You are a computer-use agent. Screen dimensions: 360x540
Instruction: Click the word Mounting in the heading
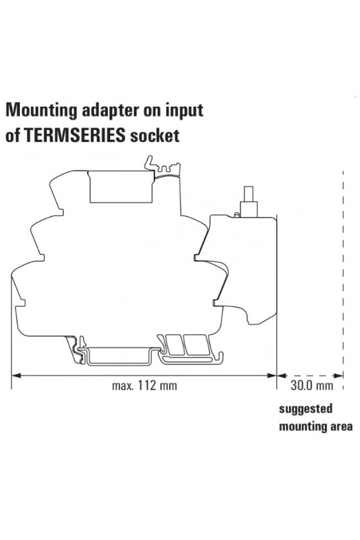click(41, 111)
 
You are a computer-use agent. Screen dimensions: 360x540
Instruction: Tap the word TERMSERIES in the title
click(75, 136)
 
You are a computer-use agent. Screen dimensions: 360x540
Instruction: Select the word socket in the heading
click(154, 136)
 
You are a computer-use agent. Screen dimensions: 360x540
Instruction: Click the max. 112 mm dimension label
click(145, 385)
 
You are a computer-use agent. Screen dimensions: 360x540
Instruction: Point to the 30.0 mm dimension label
click(312, 385)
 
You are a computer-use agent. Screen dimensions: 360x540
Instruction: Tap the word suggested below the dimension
click(306, 410)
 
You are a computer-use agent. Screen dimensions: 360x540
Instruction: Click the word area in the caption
click(339, 426)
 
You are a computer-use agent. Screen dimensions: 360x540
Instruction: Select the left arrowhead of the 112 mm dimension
click(16, 375)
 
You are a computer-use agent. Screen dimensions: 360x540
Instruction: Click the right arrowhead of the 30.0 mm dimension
click(339, 375)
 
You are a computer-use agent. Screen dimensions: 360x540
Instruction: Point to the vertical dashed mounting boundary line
click(343, 280)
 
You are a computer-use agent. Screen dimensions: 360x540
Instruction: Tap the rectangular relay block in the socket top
click(122, 186)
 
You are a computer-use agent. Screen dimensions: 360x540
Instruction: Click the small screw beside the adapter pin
click(237, 215)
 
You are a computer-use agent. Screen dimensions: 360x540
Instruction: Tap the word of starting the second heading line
click(13, 136)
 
